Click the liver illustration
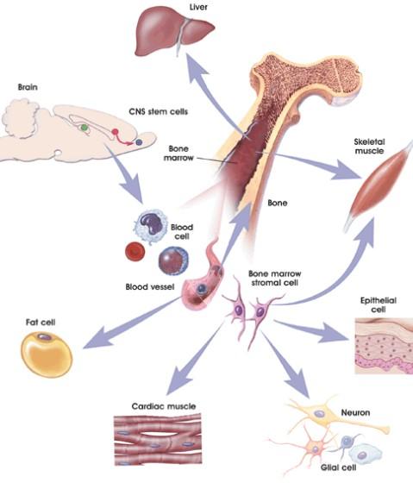pos(174,32)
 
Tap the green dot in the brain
pos(84,127)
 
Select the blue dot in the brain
pos(139,142)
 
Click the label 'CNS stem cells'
pos(159,111)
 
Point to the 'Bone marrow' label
pos(179,154)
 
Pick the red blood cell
pos(135,251)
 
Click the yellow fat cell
pos(47,354)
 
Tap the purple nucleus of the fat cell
pos(44,337)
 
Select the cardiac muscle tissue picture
pos(158,440)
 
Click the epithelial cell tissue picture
pos(384,346)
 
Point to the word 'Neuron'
pos(355,412)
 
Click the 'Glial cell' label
pos(339,467)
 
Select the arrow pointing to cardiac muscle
pos(194,359)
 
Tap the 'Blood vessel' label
pos(150,286)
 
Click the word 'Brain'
pos(28,87)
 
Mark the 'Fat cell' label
pos(41,322)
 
